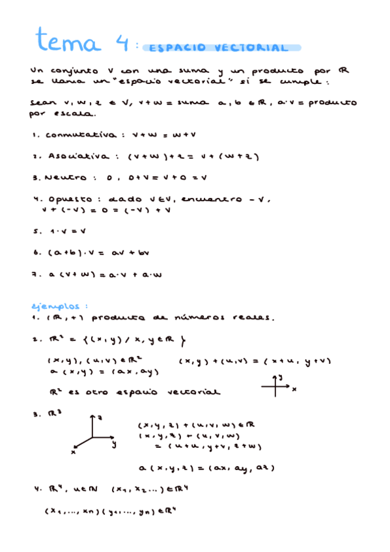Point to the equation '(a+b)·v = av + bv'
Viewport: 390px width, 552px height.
(103, 252)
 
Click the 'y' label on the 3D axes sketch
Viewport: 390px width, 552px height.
(113, 444)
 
